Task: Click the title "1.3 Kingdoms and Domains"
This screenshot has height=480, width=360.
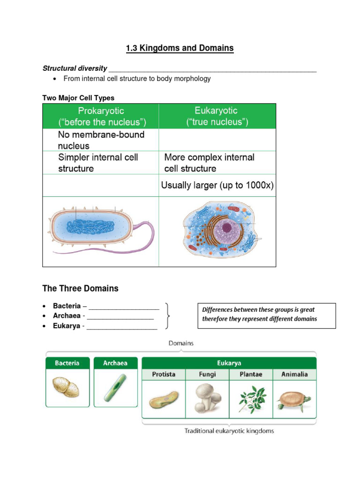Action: [x=180, y=48]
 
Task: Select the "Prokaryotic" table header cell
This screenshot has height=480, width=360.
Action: [x=102, y=117]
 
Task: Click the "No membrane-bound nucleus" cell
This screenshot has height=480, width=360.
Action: [x=101, y=140]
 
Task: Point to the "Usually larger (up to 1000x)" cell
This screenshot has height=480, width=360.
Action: [x=217, y=185]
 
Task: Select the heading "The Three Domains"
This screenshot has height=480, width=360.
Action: [x=80, y=288]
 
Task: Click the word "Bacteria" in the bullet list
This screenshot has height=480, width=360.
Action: [x=67, y=306]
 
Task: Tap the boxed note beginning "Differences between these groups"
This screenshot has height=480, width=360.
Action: [x=265, y=315]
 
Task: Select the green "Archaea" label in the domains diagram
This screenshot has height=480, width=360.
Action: [x=115, y=363]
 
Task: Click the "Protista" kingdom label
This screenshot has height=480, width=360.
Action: [x=163, y=375]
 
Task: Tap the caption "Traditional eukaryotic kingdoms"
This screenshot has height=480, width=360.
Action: [x=229, y=431]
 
